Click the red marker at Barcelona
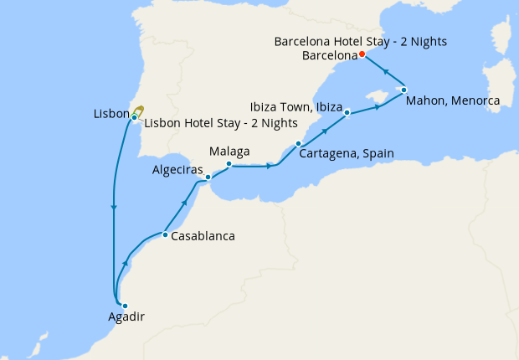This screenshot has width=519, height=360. point(362,54)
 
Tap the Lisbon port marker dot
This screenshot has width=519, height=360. point(134,117)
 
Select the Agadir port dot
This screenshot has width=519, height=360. point(125,306)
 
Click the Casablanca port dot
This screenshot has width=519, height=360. point(165,234)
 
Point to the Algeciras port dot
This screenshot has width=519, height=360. point(208,177)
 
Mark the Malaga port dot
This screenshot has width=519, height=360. point(229,164)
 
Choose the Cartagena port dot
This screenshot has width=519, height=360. point(298,144)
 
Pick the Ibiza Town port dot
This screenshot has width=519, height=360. point(347,112)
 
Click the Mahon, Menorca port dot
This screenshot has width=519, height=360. point(403,90)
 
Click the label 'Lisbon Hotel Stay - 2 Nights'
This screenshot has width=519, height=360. point(221,124)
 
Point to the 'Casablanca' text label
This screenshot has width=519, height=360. point(203,236)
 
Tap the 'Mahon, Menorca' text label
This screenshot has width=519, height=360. point(452,101)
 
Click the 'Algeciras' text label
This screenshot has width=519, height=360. point(177,169)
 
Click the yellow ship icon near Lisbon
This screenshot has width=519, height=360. point(139,110)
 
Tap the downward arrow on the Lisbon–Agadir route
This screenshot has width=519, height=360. point(113,208)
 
